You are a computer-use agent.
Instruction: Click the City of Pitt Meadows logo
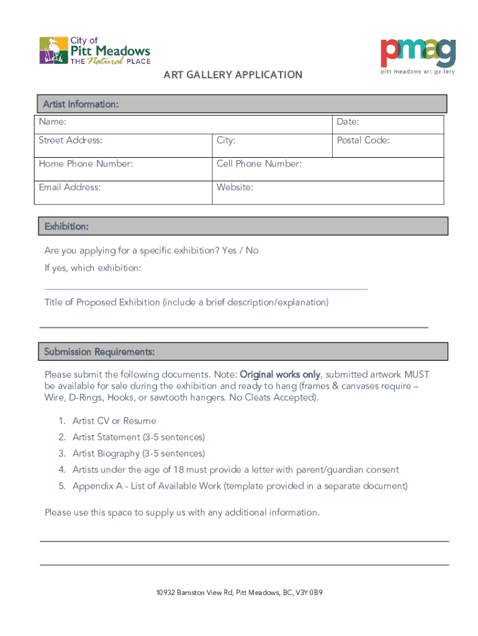tap(94, 51)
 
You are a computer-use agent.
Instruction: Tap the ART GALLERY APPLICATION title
tap(233, 75)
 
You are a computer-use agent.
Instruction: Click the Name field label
tap(53, 122)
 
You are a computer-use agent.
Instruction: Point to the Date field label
tap(348, 122)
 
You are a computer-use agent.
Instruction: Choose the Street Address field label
tap(71, 140)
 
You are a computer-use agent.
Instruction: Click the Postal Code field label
tap(363, 140)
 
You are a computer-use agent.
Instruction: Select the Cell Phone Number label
tap(259, 164)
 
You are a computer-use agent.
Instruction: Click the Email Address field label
tap(70, 187)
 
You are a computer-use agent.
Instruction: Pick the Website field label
tap(235, 187)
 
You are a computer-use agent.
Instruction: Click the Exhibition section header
tap(66, 227)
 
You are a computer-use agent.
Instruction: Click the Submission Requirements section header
tap(99, 352)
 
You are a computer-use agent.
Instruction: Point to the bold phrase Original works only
tap(280, 375)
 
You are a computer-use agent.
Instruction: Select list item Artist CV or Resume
tap(114, 421)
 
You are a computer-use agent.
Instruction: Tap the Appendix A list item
tap(240, 486)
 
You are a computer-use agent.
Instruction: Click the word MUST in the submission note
tap(417, 375)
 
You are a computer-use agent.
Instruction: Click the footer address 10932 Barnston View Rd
tap(239, 593)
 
